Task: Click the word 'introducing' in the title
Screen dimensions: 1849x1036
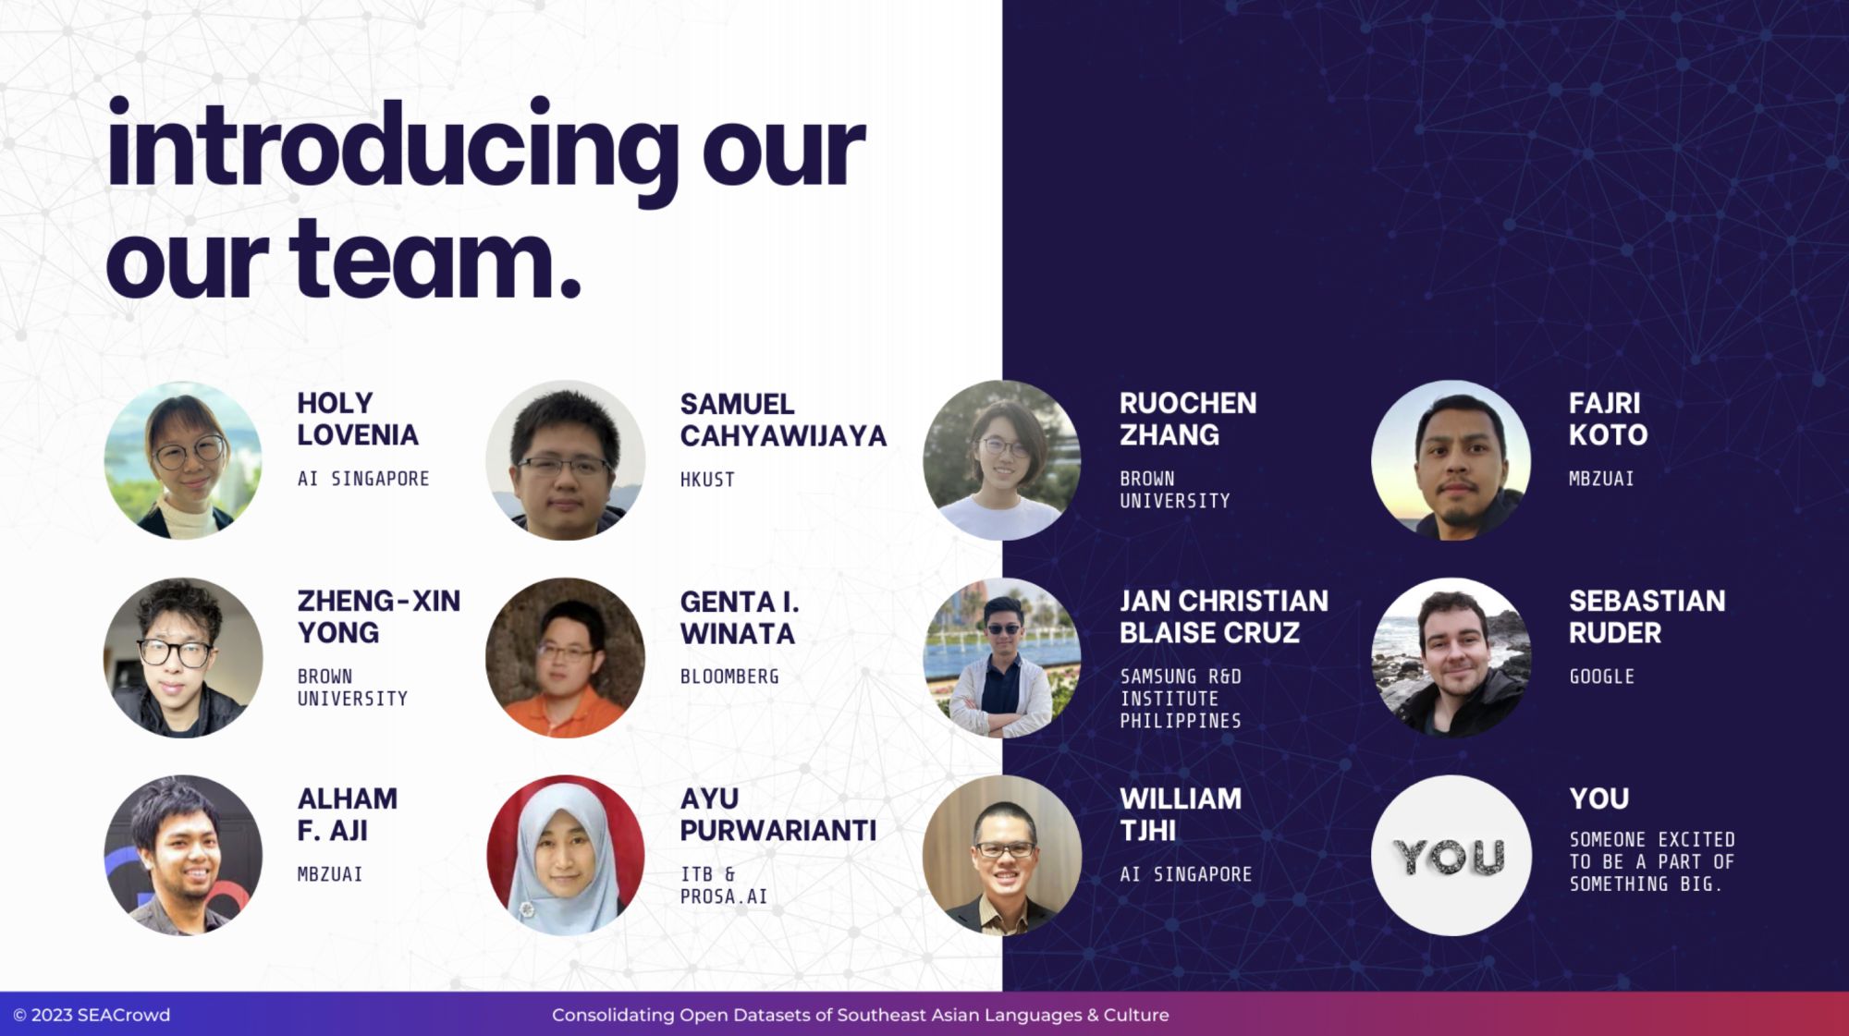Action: (393, 150)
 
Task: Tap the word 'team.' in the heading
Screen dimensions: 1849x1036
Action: (435, 261)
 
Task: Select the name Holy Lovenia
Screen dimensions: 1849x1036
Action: (358, 419)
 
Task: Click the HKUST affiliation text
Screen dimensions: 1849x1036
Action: (707, 480)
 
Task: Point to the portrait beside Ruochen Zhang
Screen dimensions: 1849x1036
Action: (1002, 459)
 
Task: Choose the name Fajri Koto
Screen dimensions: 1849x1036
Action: (1608, 419)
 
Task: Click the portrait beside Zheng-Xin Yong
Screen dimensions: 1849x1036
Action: (183, 657)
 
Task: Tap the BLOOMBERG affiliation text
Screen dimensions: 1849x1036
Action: (729, 676)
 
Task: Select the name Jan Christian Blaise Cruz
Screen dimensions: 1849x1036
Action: (1224, 616)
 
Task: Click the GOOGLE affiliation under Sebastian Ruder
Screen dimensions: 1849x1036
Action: (1601, 676)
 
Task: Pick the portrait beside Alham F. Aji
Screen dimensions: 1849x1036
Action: (183, 855)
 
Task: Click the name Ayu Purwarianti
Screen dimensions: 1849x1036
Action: (778, 814)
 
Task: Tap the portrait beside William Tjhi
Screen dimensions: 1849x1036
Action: (1002, 855)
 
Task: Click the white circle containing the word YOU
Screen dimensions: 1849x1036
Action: (1451, 855)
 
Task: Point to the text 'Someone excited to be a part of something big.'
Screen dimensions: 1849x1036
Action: (1652, 861)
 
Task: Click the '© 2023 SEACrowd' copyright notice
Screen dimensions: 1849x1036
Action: (92, 1015)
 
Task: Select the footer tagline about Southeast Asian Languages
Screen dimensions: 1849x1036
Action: (861, 1015)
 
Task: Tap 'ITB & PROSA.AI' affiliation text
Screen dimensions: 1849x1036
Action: (724, 885)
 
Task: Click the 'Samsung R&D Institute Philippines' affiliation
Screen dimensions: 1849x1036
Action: (1181, 699)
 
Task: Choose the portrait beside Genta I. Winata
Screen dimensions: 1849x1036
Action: (565, 657)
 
